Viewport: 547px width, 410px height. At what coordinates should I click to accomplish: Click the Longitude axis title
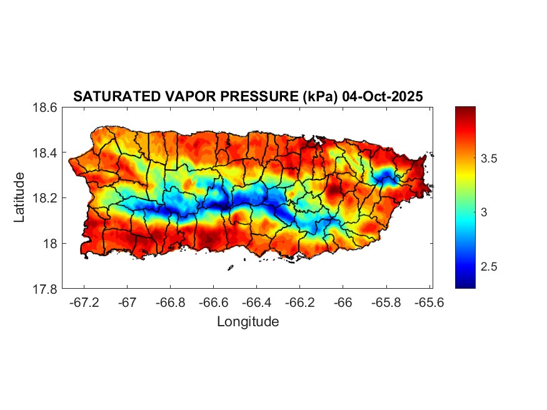point(248,322)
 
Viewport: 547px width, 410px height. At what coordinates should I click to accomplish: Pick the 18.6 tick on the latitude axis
point(46,107)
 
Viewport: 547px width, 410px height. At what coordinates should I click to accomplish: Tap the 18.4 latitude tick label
point(46,153)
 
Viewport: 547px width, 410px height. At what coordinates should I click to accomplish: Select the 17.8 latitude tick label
point(46,289)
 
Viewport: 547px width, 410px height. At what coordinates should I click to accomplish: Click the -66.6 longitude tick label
point(213,302)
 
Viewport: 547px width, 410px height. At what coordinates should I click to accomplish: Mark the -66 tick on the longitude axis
point(343,302)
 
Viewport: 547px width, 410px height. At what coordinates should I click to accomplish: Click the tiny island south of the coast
point(231,268)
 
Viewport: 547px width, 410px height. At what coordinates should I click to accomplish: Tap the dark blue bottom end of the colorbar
point(465,284)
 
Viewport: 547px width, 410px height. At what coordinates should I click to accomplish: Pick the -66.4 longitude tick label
point(256,302)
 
